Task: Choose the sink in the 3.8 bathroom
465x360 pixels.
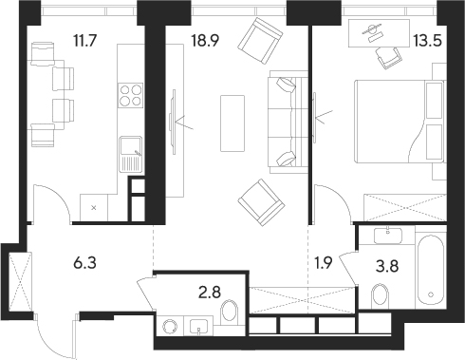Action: (x=386, y=234)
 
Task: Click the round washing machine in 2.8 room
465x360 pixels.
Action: (x=170, y=328)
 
